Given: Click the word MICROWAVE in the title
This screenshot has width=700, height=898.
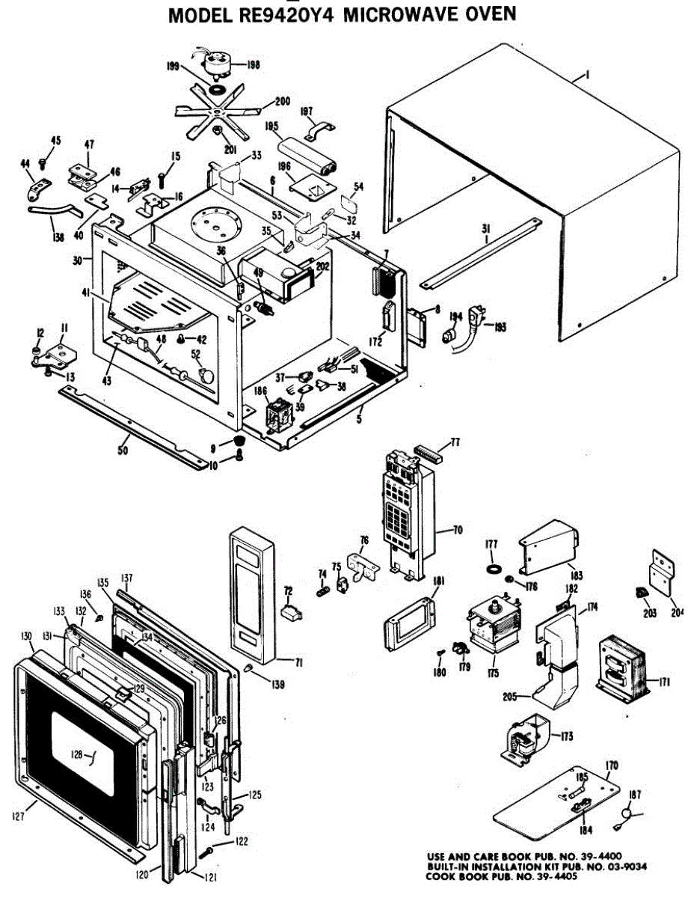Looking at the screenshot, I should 396,14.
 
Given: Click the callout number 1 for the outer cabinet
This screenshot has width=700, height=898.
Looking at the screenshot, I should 588,74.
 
